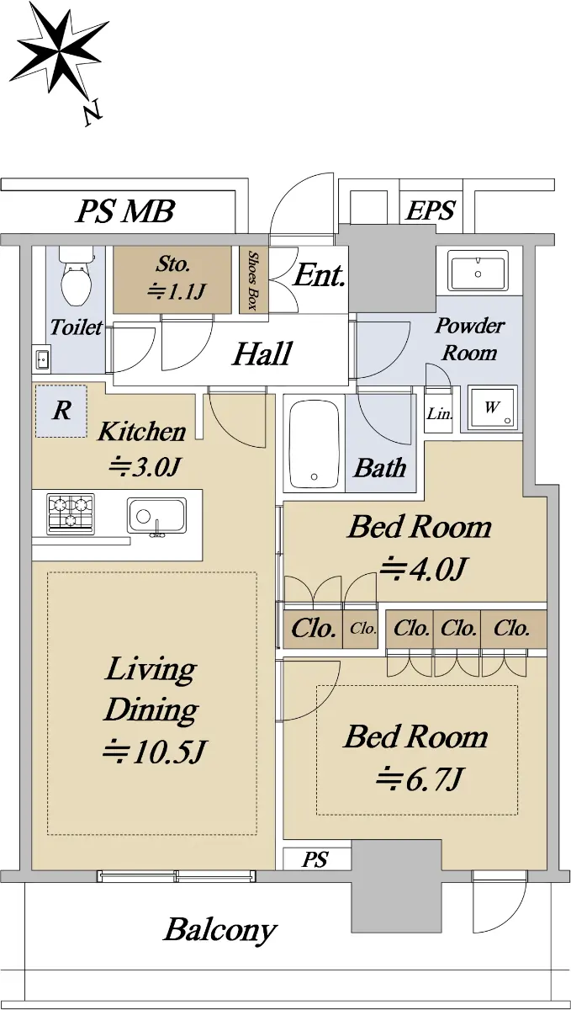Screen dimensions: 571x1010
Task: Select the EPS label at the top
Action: [431, 210]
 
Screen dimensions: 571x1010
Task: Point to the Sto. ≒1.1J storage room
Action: [172, 279]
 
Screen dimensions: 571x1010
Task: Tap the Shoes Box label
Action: [253, 280]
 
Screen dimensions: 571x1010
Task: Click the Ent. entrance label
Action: [320, 275]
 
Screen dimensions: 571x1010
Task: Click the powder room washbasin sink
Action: [478, 270]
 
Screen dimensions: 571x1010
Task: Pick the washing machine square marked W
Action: [492, 407]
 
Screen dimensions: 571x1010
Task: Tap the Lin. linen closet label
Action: [439, 413]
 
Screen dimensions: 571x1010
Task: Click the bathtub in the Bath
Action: [315, 444]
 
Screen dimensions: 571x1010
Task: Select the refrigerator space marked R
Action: [61, 411]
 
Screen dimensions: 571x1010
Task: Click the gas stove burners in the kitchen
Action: [71, 513]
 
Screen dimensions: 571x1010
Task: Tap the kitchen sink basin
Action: [156, 515]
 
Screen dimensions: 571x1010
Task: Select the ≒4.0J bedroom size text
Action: [422, 569]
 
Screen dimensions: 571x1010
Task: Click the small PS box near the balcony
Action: [317, 859]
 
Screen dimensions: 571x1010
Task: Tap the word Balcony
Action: [219, 930]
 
